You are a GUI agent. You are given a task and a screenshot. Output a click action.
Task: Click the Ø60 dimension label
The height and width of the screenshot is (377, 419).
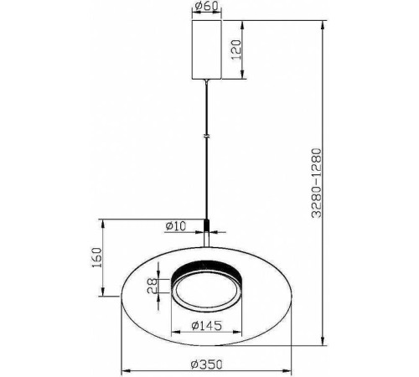point(206,6)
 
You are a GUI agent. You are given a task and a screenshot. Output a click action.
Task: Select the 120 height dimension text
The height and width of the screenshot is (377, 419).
point(236,49)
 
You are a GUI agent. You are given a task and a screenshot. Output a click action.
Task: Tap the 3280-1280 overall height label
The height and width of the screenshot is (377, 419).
point(317,183)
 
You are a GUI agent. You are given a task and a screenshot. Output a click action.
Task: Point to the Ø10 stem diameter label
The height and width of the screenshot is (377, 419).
point(176,226)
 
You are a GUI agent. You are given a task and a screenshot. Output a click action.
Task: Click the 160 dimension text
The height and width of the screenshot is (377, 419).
point(97,257)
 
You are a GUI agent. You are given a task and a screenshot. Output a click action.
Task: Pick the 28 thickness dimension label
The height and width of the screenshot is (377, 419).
point(153,287)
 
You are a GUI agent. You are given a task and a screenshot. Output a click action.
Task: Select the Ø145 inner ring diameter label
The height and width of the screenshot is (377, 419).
point(207,325)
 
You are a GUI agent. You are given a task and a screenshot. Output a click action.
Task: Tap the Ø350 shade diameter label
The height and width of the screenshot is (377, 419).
point(207,364)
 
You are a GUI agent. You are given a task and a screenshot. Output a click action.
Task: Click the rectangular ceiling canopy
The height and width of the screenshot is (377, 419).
point(207,49)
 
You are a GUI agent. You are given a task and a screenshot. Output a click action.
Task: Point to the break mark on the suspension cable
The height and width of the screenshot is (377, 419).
point(207,137)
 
